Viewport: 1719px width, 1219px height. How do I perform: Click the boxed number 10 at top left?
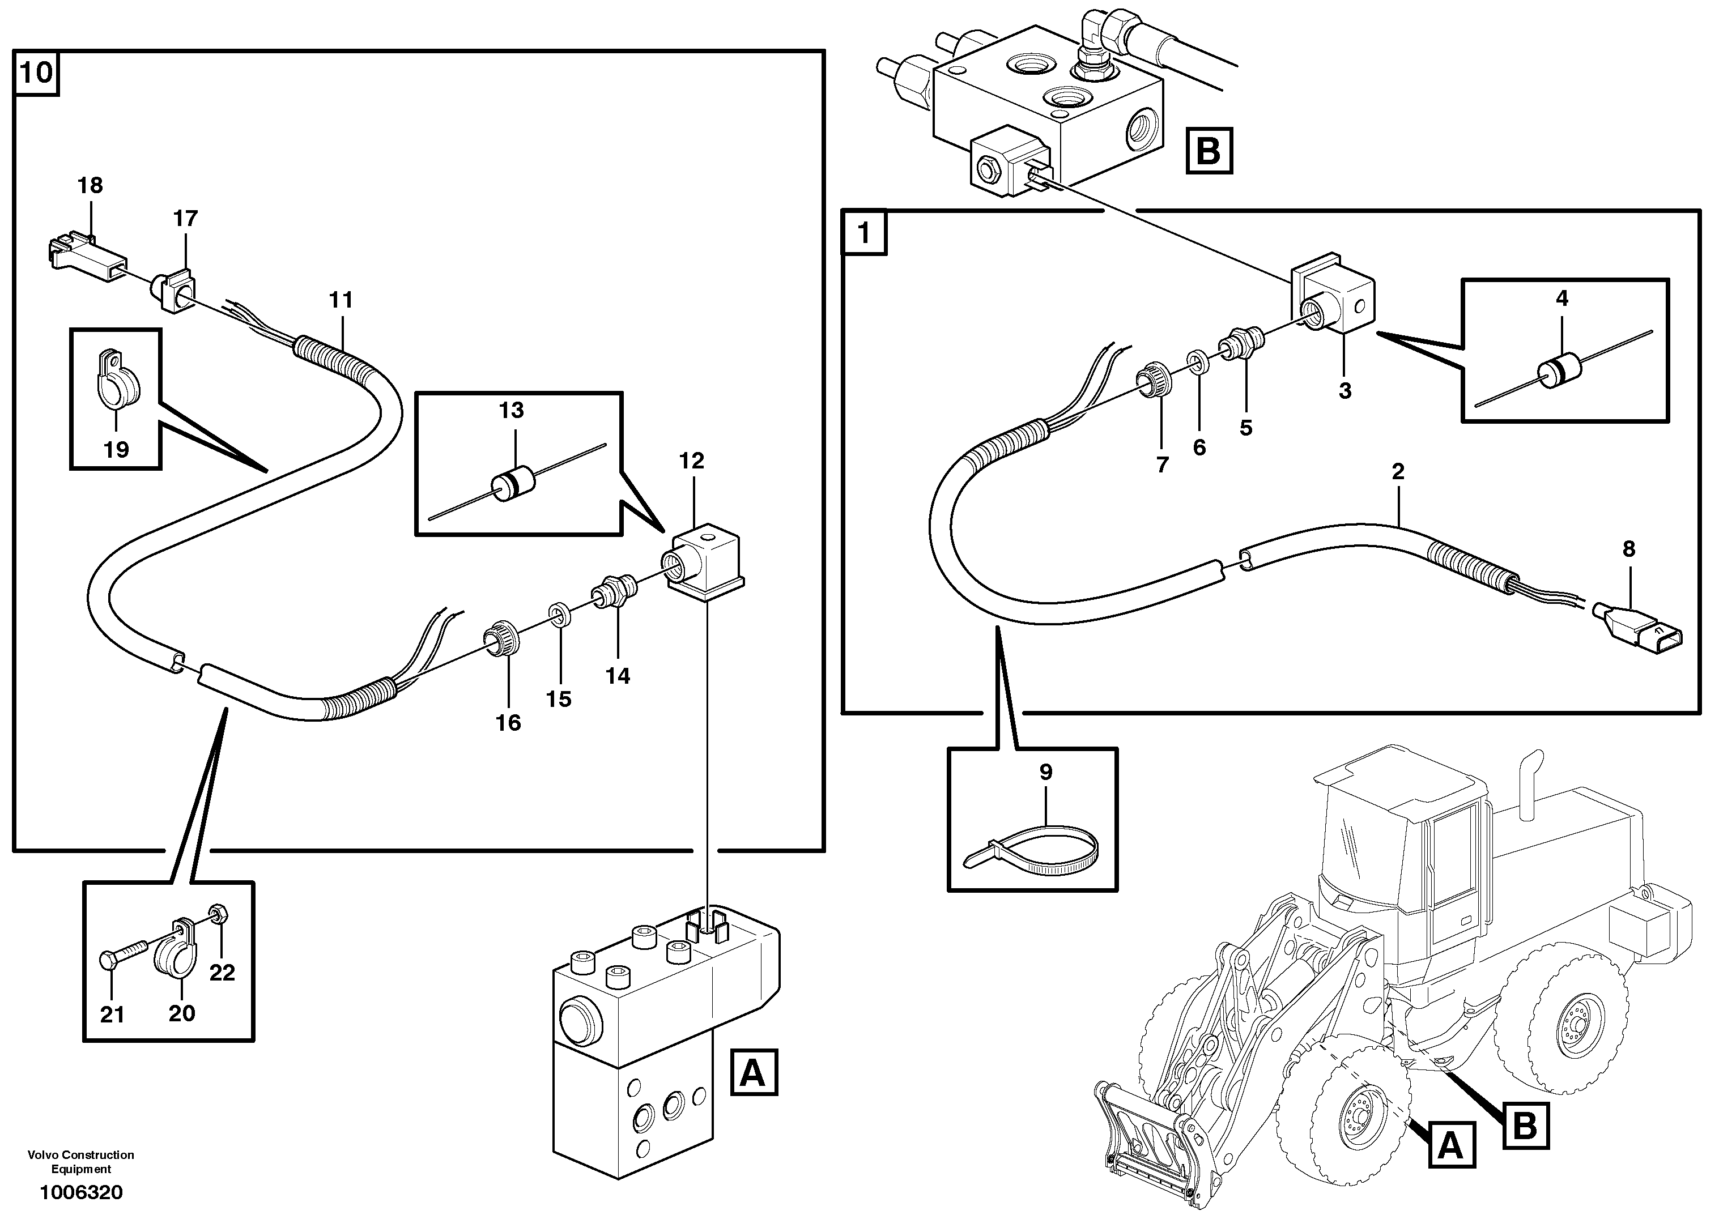point(36,73)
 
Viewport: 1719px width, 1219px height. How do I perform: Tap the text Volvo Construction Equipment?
point(81,1161)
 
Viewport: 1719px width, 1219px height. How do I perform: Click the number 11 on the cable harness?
point(341,300)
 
